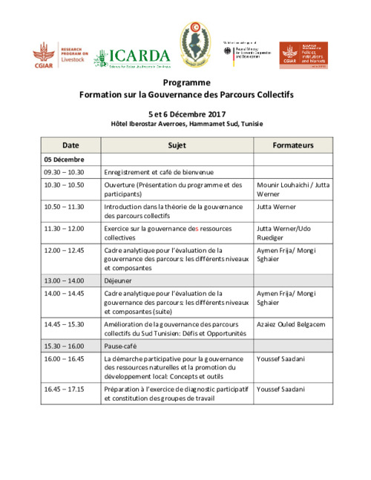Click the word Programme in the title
coord(186,82)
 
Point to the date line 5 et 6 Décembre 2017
coord(186,114)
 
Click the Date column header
coord(70,145)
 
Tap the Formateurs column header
coord(293,145)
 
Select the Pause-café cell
coord(121,346)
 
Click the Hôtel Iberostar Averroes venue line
coord(186,124)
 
